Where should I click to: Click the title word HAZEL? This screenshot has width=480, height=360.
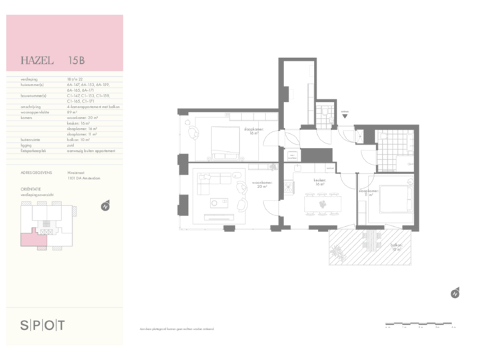point(37,61)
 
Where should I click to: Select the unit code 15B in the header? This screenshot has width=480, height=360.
point(76,61)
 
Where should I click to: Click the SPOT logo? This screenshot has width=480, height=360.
point(43,325)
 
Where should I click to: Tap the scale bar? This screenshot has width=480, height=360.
point(420,325)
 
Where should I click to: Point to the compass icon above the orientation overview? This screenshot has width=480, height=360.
point(105,206)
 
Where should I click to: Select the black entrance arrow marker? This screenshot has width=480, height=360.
point(345,116)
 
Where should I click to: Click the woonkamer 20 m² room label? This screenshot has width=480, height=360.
point(259,184)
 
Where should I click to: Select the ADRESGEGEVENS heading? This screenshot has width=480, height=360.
point(37,172)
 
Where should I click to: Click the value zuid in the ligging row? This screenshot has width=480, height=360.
point(71,145)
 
